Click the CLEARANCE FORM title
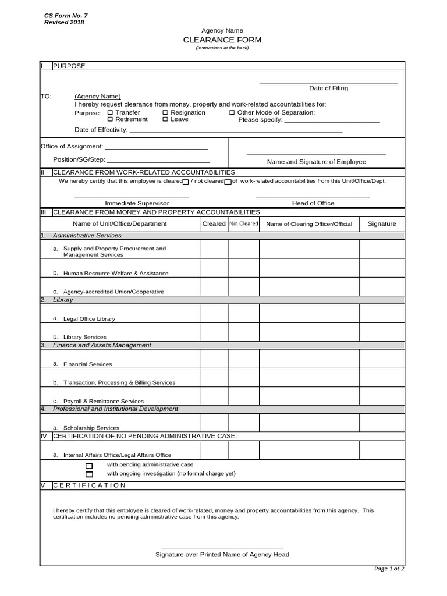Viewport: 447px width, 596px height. point(222,40)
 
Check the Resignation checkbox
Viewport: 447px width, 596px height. point(165,112)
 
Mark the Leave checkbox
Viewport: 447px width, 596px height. point(165,119)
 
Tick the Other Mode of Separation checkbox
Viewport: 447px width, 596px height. point(232,112)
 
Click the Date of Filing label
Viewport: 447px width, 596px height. point(328,88)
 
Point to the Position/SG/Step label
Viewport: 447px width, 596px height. point(79,159)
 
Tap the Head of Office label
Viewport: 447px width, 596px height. point(313,203)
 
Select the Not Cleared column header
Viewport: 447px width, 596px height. point(243,223)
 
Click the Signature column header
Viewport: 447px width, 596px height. point(382,223)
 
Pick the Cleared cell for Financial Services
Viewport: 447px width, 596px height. point(214,359)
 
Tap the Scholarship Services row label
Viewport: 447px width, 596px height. point(91,428)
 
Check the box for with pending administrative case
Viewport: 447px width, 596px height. point(89,466)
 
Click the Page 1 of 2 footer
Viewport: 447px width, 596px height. point(389,569)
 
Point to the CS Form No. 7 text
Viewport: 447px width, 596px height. point(66,16)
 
